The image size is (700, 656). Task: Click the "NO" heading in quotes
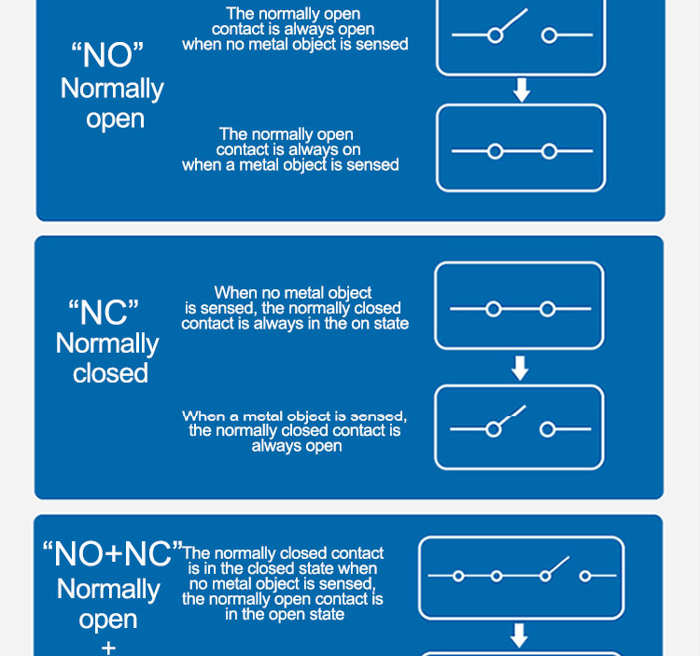coord(107,54)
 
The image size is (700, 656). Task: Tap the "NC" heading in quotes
coord(104,312)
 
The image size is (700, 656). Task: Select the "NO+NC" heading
coord(113,553)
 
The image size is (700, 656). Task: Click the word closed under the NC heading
coord(110,373)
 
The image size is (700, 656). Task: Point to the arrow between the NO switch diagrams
coord(522,91)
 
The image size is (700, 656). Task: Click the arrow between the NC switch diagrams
coord(520,369)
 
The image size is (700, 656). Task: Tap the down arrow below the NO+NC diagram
coord(519,635)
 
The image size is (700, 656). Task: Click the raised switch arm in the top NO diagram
coord(514,21)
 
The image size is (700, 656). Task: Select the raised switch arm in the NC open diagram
coord(512,415)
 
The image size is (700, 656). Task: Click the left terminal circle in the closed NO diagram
coord(495,152)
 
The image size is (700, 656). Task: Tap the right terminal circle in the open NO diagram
coord(549,35)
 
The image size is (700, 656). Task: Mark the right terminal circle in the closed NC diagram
coord(547,309)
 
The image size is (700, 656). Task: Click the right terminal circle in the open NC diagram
coord(547,430)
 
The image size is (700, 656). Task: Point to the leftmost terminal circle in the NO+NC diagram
coord(458,576)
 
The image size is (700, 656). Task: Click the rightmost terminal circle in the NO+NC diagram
coord(585,576)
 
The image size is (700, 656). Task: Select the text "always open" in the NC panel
coord(297,446)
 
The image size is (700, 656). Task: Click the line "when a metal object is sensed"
coord(290,164)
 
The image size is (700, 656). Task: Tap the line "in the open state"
coord(285,614)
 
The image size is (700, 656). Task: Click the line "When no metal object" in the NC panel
coord(293,293)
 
